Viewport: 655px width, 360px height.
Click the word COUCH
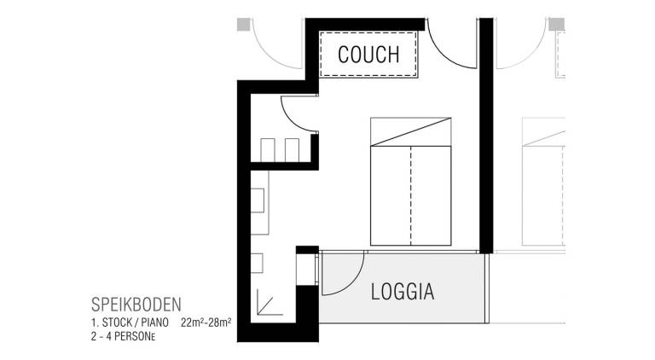point(368,55)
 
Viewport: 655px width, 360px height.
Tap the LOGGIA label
point(403,292)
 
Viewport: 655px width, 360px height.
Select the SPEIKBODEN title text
point(136,305)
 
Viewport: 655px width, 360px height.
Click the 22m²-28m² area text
point(206,322)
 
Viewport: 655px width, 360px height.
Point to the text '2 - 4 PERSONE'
point(123,336)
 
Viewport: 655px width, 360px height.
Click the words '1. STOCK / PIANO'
point(130,322)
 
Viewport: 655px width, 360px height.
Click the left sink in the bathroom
point(267,150)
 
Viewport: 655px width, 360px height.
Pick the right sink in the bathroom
point(292,150)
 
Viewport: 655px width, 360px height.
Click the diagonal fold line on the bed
point(411,132)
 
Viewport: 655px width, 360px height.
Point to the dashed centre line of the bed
point(411,195)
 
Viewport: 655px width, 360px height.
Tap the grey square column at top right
point(556,24)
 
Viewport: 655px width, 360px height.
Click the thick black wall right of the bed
point(486,136)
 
